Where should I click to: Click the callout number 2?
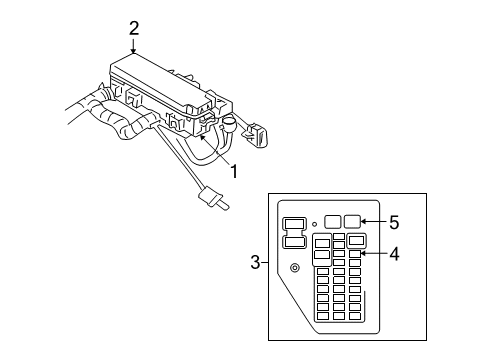[134, 29]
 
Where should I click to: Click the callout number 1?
[235, 171]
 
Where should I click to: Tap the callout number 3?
[255, 262]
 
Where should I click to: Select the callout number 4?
[394, 254]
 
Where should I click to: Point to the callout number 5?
[394, 222]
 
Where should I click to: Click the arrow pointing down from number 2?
[133, 46]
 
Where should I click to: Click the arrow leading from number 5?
[374, 221]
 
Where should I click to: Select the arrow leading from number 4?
[374, 254]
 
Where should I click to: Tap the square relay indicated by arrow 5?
[352, 221]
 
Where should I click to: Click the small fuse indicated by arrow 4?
[355, 254]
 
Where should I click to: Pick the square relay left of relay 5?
[332, 221]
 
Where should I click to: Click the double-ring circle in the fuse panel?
[295, 268]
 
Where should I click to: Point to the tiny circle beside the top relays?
[314, 224]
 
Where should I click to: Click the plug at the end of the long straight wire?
[213, 199]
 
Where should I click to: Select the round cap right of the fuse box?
[229, 125]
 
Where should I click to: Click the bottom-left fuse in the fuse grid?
[323, 316]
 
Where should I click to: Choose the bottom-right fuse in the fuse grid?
[355, 316]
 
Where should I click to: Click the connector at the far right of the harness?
[257, 135]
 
